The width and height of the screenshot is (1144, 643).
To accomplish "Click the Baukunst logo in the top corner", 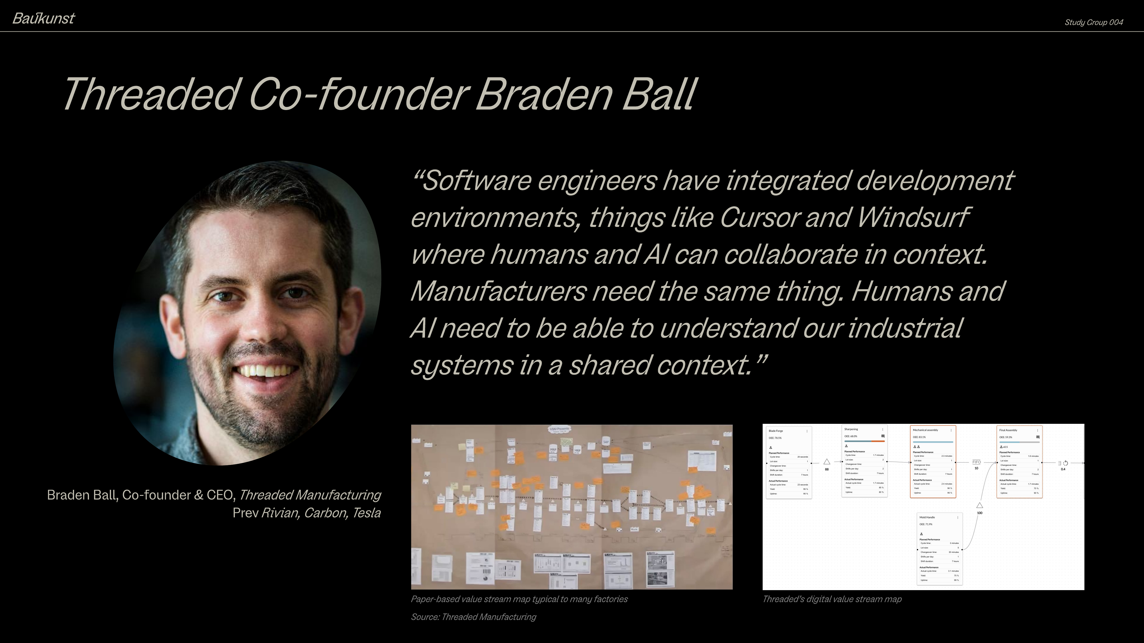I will point(43,18).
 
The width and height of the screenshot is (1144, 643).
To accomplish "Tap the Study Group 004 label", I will point(1093,23).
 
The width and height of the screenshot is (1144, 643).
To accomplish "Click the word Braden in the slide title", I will point(544,94).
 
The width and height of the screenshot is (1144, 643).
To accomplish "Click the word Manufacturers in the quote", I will point(497,291).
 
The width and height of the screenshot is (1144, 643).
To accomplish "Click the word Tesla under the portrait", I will point(366,513).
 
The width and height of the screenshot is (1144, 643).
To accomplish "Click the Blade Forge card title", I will point(776,431).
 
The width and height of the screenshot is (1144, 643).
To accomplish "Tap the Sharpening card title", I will point(851,429).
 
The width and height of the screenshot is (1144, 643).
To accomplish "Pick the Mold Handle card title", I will point(927,518).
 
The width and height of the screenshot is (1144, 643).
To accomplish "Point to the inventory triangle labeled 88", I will point(827,462).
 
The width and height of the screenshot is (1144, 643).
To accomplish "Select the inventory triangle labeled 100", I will point(979,506).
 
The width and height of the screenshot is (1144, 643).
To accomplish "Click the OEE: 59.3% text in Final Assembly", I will point(1006,437).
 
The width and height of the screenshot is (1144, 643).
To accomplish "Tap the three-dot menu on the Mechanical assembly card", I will point(951,430).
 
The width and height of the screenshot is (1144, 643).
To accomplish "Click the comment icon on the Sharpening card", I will point(883,436).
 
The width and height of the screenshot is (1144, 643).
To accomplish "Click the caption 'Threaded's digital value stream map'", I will point(832,599).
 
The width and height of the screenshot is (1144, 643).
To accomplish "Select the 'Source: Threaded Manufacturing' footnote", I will point(473,617).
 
